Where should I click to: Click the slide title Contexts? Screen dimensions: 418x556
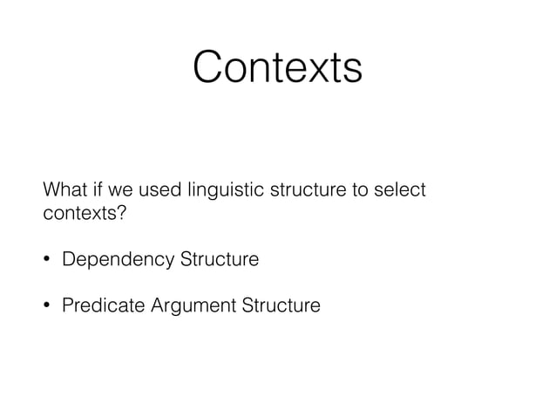(277, 67)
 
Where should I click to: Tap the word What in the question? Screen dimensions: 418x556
(64, 190)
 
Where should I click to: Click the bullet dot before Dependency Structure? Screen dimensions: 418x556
(49, 260)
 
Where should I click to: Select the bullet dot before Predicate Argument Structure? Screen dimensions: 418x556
(49, 307)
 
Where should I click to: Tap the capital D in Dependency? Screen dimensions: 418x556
(68, 259)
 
